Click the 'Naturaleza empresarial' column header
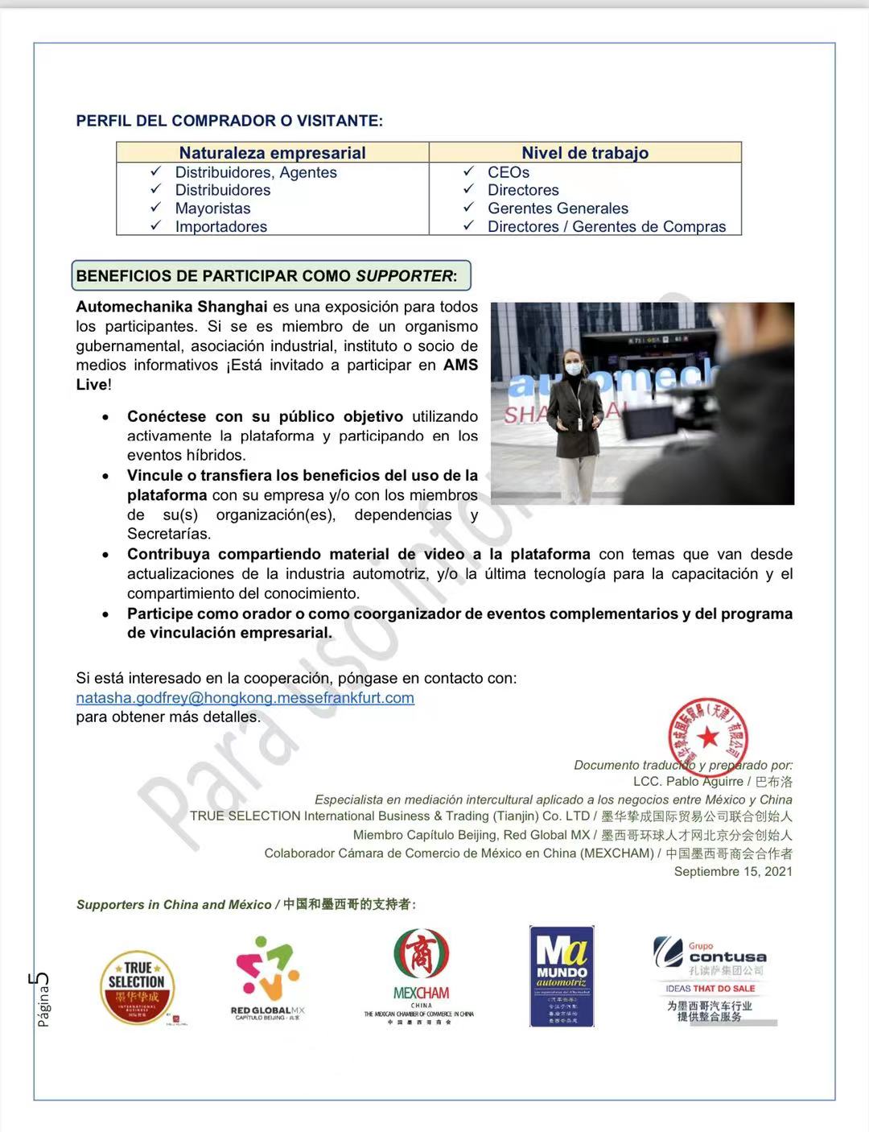pyautogui.click(x=272, y=153)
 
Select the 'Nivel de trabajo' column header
pyautogui.click(x=585, y=153)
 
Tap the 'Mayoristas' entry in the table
pyautogui.click(x=212, y=209)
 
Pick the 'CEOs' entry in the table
pyautogui.click(x=508, y=172)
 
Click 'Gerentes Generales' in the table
pyautogui.click(x=558, y=209)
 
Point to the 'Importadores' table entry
pyautogui.click(x=220, y=227)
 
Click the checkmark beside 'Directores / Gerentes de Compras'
pyautogui.click(x=468, y=226)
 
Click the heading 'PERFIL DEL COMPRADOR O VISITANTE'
pyautogui.click(x=229, y=121)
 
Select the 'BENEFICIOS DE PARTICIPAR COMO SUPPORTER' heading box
pyautogui.click(x=270, y=276)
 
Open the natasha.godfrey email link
pyautogui.click(x=245, y=698)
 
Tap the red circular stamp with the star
pyautogui.click(x=708, y=735)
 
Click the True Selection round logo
pyautogui.click(x=138, y=987)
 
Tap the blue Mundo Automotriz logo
pyautogui.click(x=562, y=976)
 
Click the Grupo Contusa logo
pyautogui.click(x=710, y=977)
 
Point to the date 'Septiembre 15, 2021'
pyautogui.click(x=732, y=872)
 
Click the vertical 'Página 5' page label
pyautogui.click(x=42, y=998)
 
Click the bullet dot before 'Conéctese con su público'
pyautogui.click(x=106, y=417)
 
